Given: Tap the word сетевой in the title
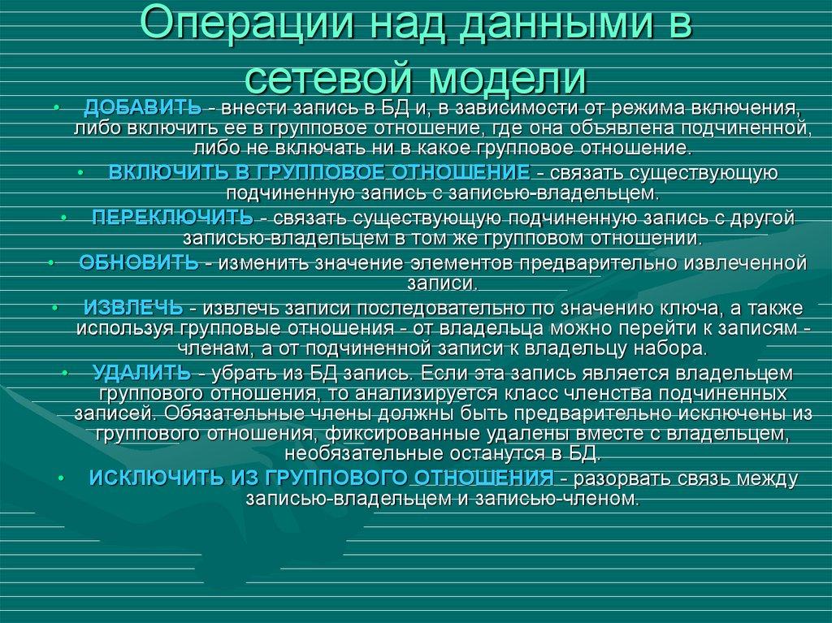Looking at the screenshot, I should (x=327, y=80).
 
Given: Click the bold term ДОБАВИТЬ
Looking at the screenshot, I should (x=142, y=109).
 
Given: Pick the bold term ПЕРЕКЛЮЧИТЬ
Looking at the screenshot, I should (x=172, y=218).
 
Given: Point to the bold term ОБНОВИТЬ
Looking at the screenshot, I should (x=139, y=263).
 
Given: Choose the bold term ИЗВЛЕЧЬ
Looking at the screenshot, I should (x=133, y=309).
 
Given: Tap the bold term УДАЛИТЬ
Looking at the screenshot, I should (x=142, y=373).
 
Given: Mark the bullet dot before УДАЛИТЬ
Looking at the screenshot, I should (x=63, y=373).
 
